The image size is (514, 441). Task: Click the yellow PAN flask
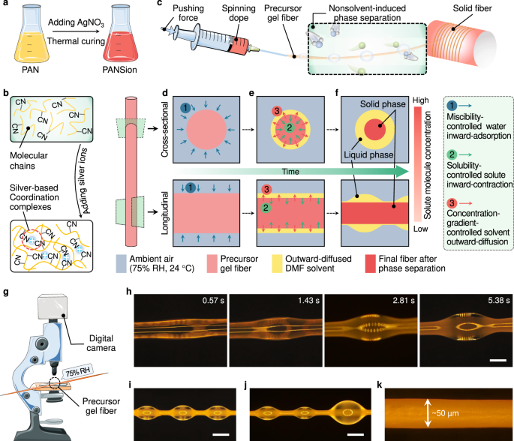(x=27, y=37)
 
